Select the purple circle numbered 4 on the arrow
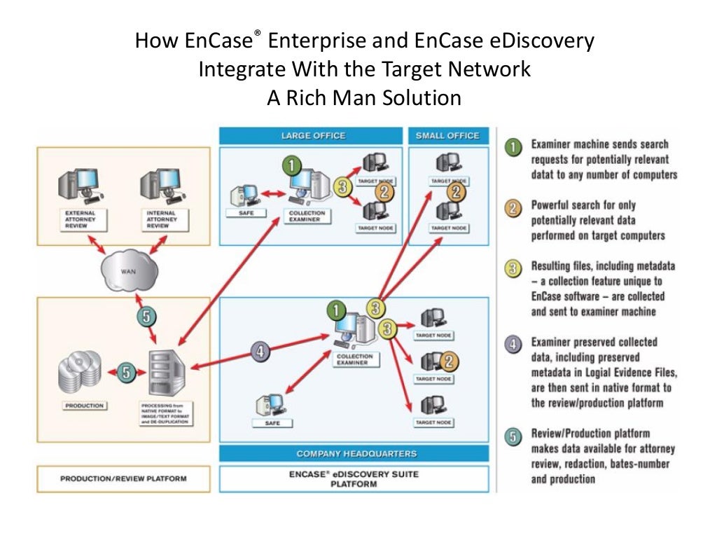click(x=260, y=352)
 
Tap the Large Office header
click(x=312, y=135)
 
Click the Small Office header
click(x=447, y=135)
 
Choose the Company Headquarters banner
click(x=356, y=453)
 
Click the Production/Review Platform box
click(x=123, y=480)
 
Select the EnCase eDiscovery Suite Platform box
click(x=354, y=479)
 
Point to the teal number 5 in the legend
click(x=514, y=436)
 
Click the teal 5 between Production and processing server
click(x=126, y=372)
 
